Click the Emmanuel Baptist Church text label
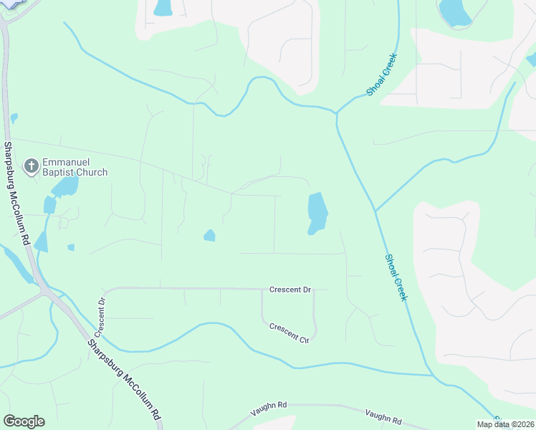75,167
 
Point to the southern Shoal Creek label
396,277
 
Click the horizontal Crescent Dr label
290,290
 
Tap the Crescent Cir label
289,333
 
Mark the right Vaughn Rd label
383,417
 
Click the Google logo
24,421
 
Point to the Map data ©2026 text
504,424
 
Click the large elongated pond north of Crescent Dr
317,213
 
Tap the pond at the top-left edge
163,7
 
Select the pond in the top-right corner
454,11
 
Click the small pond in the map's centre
209,235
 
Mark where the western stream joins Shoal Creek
335,113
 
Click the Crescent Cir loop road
314,322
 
